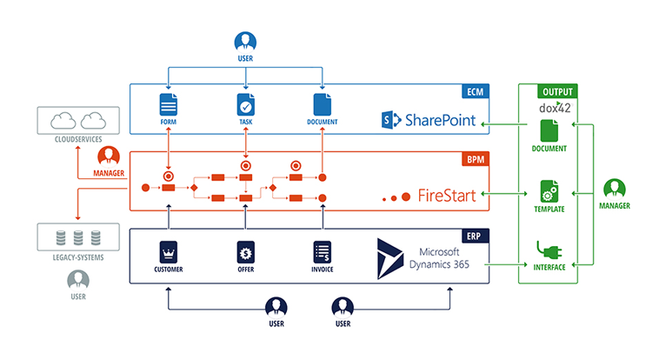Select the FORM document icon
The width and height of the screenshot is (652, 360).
(168, 105)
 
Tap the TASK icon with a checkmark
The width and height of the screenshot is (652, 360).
(246, 105)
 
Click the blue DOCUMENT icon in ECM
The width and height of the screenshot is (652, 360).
(323, 105)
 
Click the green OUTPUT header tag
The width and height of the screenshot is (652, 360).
(556, 90)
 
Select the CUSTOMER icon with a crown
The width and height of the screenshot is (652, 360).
(168, 252)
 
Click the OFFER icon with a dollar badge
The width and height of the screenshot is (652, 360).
(246, 252)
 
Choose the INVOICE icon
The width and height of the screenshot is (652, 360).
(323, 252)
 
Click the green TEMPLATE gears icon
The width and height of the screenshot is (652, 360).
(549, 191)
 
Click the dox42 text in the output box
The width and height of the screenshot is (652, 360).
(556, 108)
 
